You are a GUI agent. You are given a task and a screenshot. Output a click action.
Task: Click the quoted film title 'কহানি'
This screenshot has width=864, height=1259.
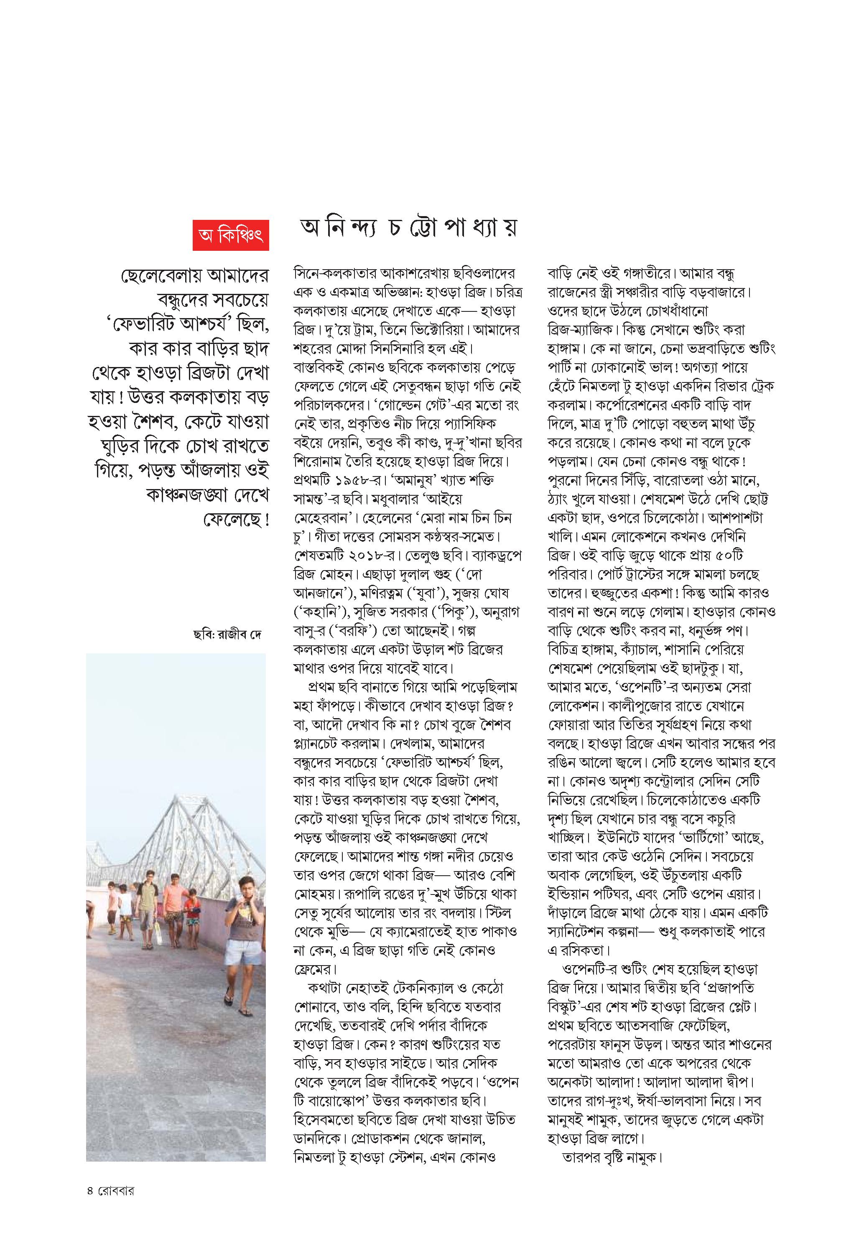click(x=321, y=612)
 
